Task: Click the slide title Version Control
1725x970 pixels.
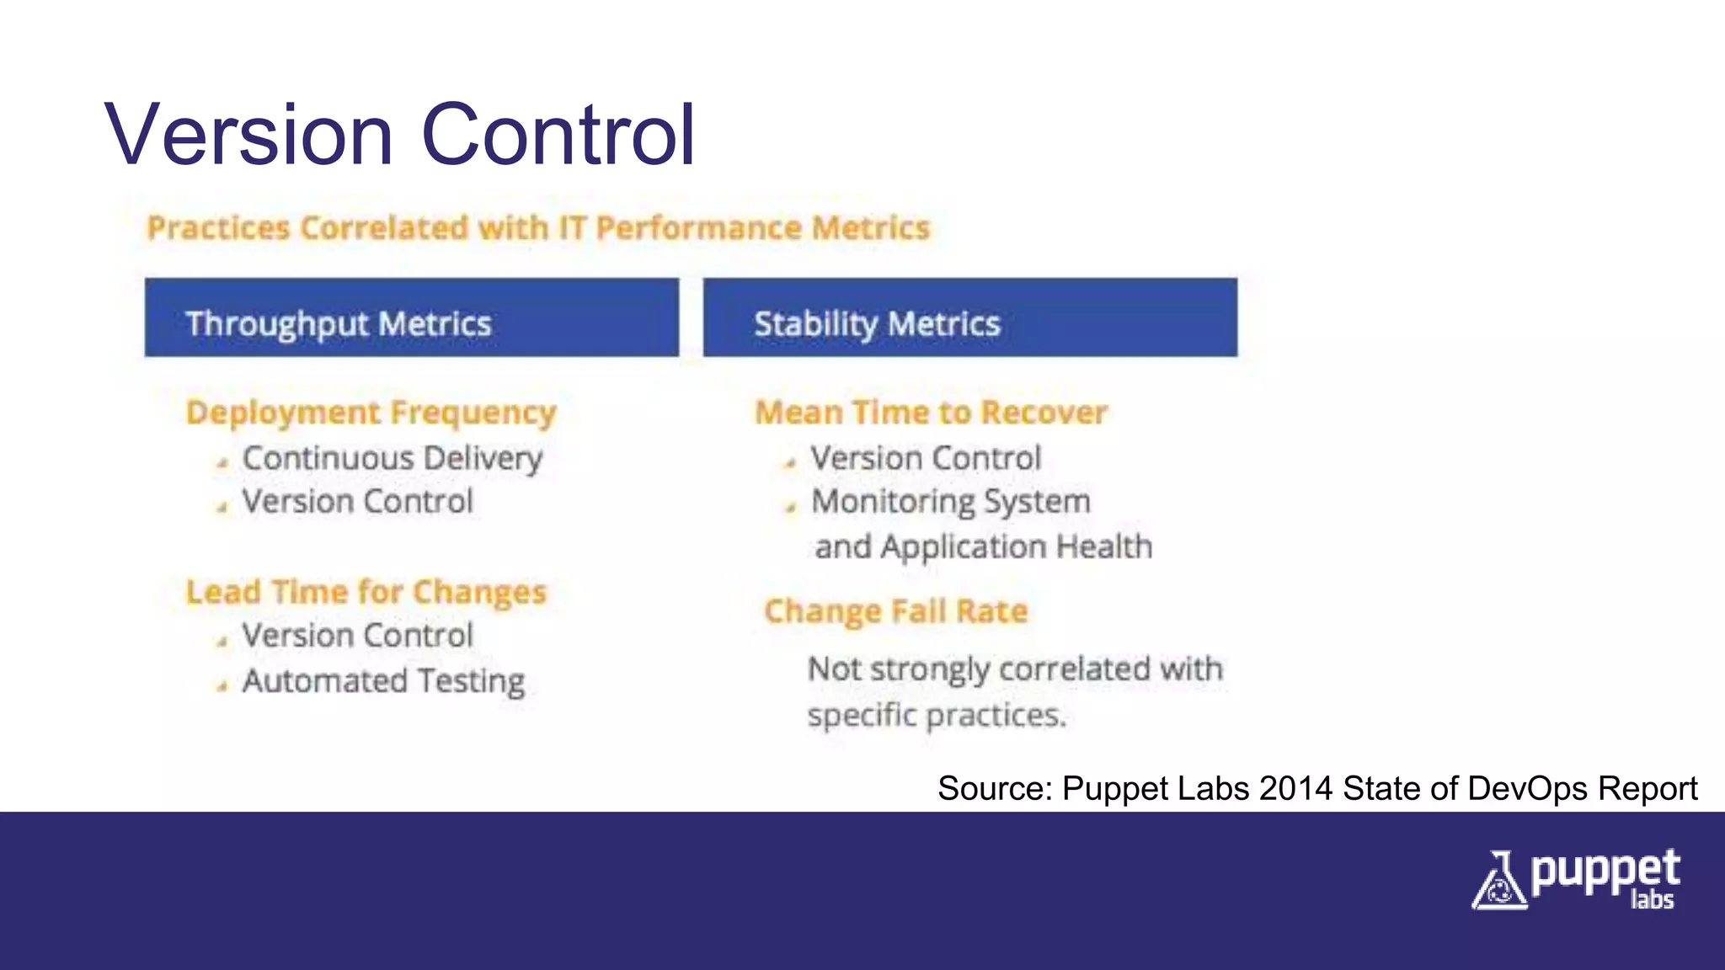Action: [x=400, y=135]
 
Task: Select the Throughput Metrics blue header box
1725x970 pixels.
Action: [x=411, y=317]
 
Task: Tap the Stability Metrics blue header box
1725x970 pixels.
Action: [x=969, y=317]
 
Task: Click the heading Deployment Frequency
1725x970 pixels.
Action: [x=371, y=413]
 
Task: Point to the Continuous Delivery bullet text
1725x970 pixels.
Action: [x=392, y=459]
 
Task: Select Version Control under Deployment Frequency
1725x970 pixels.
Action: [x=357, y=502]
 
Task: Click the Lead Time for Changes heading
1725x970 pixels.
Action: [x=366, y=592]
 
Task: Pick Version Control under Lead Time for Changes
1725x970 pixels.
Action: [x=357, y=636]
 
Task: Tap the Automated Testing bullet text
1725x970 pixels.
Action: [x=383, y=681]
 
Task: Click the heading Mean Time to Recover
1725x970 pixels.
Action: [x=931, y=413]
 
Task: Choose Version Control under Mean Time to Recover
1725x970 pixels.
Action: [x=926, y=459]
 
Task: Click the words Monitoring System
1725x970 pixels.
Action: [x=950, y=502]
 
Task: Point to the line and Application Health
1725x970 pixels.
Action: [x=983, y=547]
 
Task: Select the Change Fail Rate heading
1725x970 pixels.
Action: [x=895, y=611]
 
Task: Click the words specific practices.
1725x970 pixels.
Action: [x=936, y=716]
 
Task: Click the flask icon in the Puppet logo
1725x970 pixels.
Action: [x=1498, y=882]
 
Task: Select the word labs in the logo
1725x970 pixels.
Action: [x=1652, y=900]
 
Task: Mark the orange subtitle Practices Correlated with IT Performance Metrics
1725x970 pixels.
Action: [x=538, y=228]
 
